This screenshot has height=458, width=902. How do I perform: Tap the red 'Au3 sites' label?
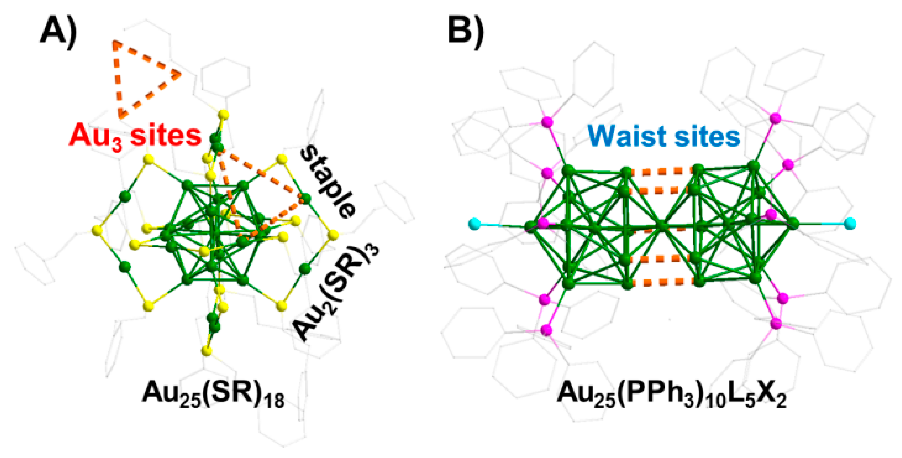click(x=135, y=136)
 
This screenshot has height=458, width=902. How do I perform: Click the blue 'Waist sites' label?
click(x=664, y=136)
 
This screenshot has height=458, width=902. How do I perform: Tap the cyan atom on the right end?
click(x=850, y=223)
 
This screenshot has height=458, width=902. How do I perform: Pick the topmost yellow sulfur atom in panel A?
click(x=223, y=114)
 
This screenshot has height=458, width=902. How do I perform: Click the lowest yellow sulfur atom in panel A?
click(x=207, y=351)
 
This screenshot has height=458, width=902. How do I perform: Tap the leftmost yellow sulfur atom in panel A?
click(x=97, y=230)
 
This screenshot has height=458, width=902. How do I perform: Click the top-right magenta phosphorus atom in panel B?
click(x=775, y=118)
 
